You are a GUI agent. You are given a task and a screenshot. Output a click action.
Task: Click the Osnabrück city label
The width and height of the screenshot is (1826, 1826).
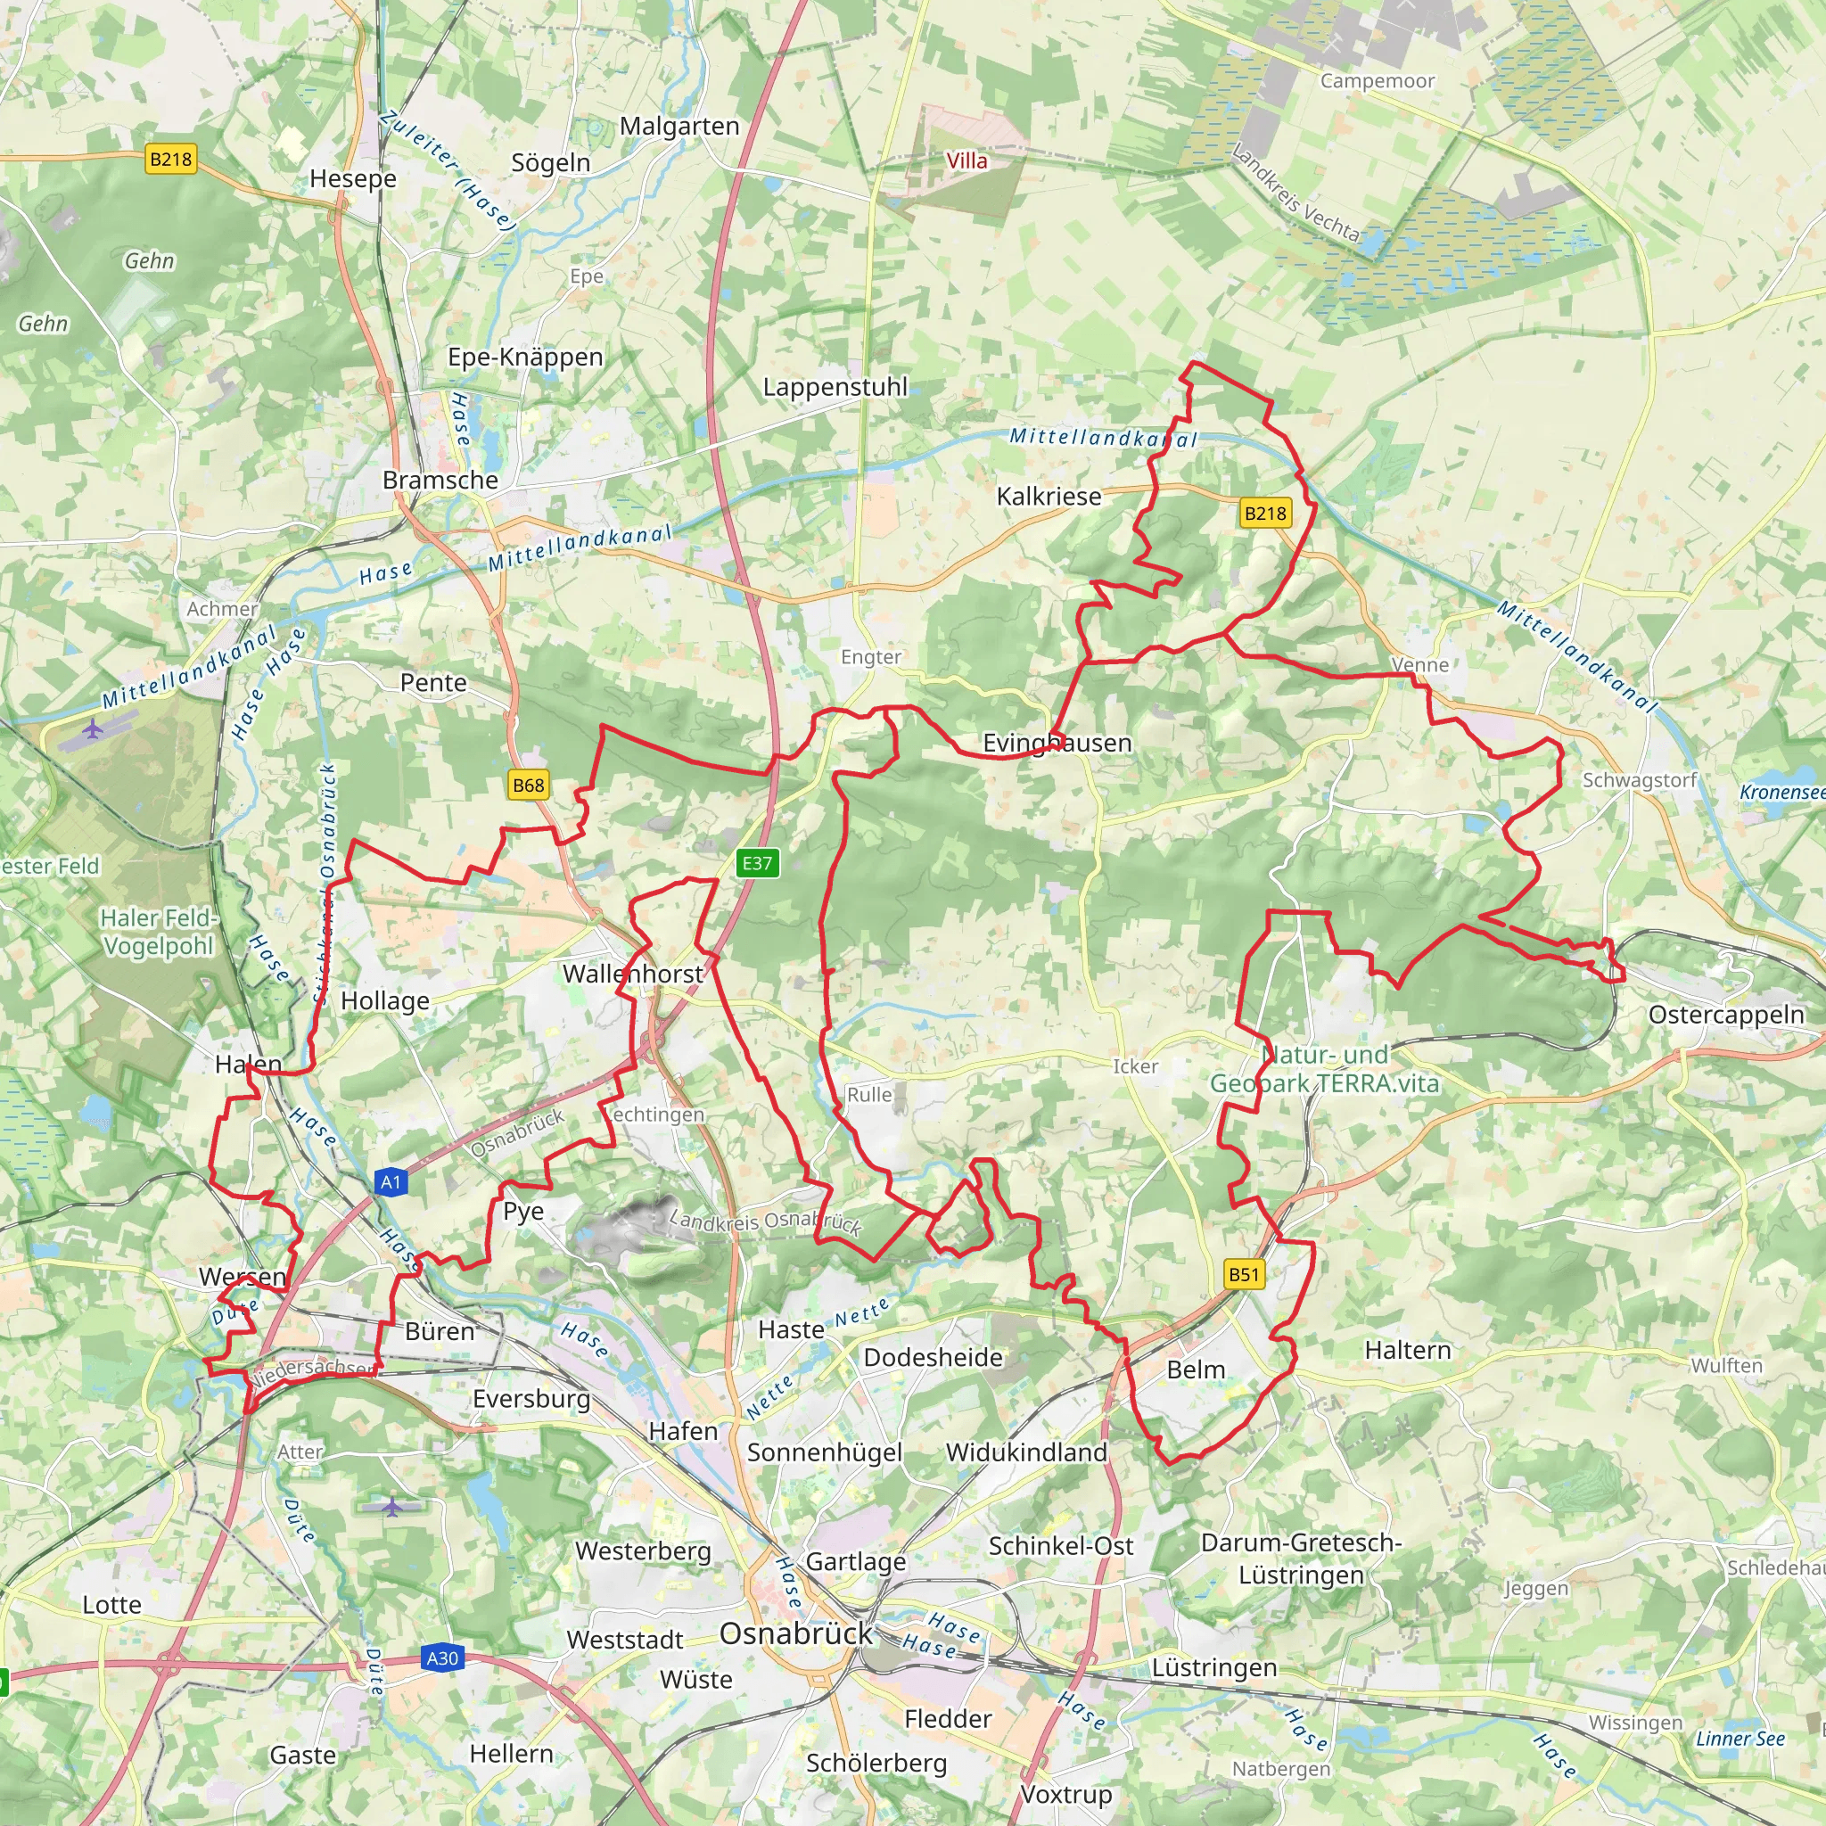(796, 1633)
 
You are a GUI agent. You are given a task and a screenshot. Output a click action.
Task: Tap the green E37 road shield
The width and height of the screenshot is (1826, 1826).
(757, 863)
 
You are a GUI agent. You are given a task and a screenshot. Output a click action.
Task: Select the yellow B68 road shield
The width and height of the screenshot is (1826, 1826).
(529, 785)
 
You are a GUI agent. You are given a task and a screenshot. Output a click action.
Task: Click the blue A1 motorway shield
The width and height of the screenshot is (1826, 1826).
(391, 1181)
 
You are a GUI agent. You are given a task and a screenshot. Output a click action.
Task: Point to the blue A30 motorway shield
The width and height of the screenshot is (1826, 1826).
(442, 1657)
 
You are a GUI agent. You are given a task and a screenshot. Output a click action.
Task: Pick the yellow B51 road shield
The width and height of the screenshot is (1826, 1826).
(1244, 1274)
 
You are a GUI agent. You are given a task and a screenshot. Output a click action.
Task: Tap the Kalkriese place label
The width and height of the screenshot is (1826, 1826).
(1049, 497)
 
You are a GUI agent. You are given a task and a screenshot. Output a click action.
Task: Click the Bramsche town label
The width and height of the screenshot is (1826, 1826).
(440, 481)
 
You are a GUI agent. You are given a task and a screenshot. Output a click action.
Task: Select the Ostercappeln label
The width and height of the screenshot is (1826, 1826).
(1726, 1015)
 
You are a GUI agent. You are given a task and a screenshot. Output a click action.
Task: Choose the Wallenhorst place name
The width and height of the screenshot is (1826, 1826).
(632, 974)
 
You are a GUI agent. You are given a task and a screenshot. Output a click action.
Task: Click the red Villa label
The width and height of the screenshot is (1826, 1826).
(966, 160)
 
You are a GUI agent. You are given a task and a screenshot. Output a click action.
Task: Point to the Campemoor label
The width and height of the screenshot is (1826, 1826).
(1377, 81)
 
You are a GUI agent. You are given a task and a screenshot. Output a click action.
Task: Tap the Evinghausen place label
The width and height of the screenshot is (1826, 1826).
(1057, 743)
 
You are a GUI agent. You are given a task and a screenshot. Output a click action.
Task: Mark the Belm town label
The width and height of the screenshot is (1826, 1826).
(1196, 1369)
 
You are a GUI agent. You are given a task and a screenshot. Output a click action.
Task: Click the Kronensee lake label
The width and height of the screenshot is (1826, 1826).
(1782, 792)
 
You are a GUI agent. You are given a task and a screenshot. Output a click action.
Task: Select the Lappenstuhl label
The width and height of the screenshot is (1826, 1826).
(835, 387)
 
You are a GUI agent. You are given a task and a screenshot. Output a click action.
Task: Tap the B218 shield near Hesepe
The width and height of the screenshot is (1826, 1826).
(171, 159)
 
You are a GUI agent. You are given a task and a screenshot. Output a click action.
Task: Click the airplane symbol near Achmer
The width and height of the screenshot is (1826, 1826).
(93, 728)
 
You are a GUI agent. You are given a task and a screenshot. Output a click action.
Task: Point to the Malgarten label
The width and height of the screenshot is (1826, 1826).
(679, 126)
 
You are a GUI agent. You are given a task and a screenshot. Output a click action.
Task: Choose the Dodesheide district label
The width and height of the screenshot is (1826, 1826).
(933, 1357)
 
